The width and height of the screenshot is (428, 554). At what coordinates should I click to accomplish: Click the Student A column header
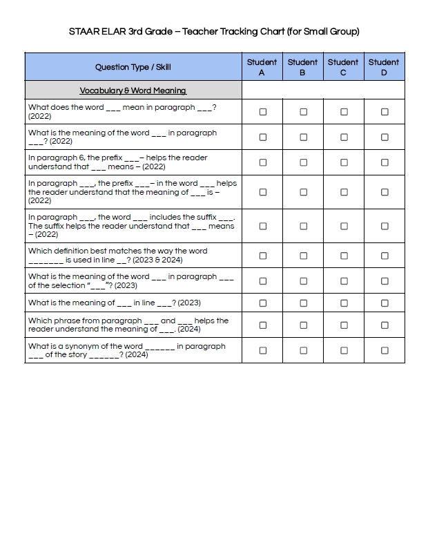(x=262, y=67)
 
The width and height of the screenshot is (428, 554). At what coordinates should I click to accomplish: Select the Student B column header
(x=302, y=67)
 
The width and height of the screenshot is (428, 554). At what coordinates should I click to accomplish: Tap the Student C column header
(x=343, y=67)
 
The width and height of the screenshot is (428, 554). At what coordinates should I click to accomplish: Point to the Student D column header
(x=384, y=67)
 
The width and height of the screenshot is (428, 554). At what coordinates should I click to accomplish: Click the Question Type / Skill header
(x=133, y=67)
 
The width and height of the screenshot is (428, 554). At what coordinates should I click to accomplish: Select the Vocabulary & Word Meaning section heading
(x=133, y=90)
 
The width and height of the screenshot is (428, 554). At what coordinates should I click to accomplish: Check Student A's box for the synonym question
(x=262, y=350)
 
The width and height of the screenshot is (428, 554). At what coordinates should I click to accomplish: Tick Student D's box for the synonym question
(x=385, y=350)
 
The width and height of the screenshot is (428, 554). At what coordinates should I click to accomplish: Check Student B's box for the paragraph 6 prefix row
(x=303, y=162)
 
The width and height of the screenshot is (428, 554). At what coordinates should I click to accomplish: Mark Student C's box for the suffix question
(x=344, y=226)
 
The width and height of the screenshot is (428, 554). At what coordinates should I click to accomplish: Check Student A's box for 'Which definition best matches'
(x=262, y=256)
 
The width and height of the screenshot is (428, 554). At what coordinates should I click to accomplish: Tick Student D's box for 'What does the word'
(x=385, y=112)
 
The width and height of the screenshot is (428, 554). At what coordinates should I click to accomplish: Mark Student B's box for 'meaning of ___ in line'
(x=303, y=303)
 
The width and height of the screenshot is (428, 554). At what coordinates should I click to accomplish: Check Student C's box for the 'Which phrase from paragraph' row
(x=344, y=325)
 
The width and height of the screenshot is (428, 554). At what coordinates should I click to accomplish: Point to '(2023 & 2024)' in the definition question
(x=158, y=260)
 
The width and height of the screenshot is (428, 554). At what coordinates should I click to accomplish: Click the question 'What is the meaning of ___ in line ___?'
(x=115, y=303)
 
